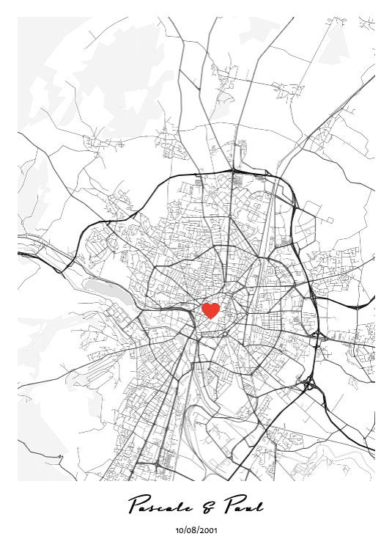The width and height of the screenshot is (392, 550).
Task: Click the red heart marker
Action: (210, 311)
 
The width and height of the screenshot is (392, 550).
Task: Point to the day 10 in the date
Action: (180, 529)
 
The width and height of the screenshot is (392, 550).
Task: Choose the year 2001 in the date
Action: (208, 529)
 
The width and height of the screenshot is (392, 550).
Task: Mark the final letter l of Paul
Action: (259, 504)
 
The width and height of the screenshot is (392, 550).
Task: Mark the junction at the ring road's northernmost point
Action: (233, 172)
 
